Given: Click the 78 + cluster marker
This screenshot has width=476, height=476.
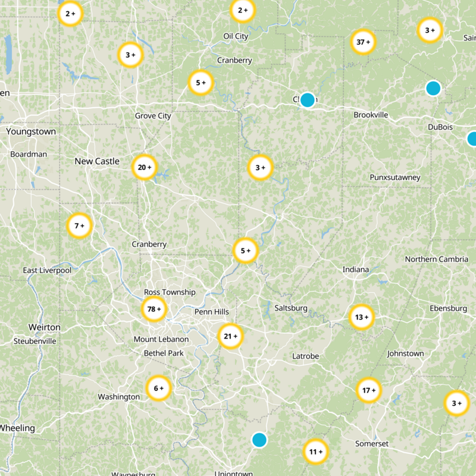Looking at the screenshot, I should pos(154,309).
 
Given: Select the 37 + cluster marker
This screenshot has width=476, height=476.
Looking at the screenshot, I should pos(363,42).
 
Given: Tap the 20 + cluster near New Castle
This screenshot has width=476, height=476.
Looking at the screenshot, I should pos(145,167).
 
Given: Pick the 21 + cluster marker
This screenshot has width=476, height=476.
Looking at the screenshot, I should pos(230,336).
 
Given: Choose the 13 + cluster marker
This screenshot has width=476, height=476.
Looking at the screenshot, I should pos(361,317).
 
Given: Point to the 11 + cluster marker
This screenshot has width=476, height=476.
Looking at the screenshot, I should pos(315,452).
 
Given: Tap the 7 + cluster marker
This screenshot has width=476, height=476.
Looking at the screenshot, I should pos(79,226).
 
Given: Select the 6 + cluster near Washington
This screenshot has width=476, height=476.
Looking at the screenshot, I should pos(158,389).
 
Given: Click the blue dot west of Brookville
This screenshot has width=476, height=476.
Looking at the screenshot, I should pos(307,99).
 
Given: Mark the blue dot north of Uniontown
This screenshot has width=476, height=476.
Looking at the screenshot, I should pos(259,440).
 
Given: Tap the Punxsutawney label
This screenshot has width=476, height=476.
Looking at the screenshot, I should pos(394,177).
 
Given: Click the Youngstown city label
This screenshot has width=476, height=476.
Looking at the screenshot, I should pos(31,131).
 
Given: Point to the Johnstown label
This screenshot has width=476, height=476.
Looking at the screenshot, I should pos(405,353).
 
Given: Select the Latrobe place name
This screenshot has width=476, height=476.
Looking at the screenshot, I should pos(305,356).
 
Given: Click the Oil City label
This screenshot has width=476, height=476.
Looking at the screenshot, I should pos(236,36).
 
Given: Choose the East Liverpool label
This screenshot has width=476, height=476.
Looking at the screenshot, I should pos(47,270).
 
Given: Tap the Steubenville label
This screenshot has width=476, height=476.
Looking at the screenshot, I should pos(35,341).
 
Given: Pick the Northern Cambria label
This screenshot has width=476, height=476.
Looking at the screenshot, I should pos(436,259).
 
